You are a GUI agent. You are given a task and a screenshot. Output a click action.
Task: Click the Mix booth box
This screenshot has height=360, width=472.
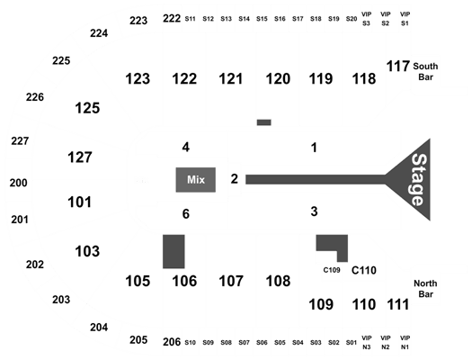click(x=196, y=180)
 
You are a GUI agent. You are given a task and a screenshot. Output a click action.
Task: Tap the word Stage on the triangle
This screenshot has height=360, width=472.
click(x=419, y=180)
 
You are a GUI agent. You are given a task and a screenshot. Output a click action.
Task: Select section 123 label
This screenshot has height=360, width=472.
click(x=138, y=79)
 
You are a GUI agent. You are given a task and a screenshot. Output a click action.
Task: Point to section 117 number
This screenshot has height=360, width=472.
click(x=398, y=67)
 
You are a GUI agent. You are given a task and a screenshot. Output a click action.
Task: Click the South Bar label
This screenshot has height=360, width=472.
click(x=425, y=71)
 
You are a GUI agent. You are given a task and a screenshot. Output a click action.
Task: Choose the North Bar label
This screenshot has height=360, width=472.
click(x=425, y=289)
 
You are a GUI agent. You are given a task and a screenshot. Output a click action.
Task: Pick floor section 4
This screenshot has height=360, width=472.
click(x=186, y=148)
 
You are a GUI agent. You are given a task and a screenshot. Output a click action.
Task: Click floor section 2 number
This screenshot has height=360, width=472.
click(x=234, y=179)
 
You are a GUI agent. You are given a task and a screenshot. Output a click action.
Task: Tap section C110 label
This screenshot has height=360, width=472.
click(x=364, y=270)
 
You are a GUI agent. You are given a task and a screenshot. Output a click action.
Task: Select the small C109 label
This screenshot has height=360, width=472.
click(x=332, y=270)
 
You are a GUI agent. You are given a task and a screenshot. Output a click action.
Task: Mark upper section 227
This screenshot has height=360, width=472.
click(x=20, y=141)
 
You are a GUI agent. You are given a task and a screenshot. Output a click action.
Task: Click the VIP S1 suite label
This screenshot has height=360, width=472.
click(x=405, y=19)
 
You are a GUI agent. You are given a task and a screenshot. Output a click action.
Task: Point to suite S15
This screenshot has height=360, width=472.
click(x=262, y=19)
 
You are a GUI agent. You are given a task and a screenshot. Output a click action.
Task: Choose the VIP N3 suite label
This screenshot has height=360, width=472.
click(x=366, y=343)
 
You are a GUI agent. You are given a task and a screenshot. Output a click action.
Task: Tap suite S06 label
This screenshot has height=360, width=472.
click(x=262, y=343)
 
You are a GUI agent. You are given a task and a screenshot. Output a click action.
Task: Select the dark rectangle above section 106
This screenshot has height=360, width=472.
click(x=174, y=251)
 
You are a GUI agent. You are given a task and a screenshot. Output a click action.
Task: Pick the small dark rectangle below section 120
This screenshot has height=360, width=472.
click(x=264, y=122)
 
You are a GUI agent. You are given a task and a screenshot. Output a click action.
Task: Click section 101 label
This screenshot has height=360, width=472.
click(x=79, y=202)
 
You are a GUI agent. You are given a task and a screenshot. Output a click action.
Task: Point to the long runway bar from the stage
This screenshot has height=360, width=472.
click(x=316, y=179)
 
